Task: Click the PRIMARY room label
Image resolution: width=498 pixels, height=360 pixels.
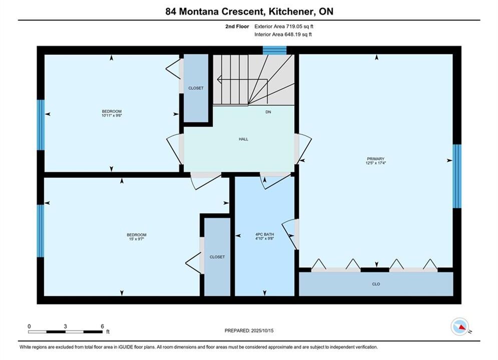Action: click(375, 158)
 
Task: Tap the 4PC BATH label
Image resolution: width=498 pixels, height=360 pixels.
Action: click(265, 234)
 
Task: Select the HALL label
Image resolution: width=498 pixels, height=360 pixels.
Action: click(244, 139)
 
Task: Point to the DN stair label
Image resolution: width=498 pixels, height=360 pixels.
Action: click(268, 112)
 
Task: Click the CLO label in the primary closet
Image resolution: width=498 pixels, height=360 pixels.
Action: click(376, 284)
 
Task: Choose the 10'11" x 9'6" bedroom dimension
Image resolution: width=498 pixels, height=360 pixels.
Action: click(112, 115)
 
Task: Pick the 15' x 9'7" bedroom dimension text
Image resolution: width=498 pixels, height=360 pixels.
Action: click(137, 239)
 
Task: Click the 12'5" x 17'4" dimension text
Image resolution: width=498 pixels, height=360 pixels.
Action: click(376, 162)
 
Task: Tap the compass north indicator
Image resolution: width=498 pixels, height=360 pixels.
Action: click(460, 326)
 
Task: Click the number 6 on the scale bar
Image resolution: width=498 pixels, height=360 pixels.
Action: click(102, 326)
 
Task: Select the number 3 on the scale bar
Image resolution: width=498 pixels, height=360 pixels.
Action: click(66, 326)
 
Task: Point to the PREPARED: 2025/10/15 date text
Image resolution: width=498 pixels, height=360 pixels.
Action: click(249, 330)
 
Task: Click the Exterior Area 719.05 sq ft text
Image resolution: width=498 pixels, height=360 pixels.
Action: click(284, 26)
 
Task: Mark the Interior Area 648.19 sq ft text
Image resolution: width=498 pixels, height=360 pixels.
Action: click(283, 34)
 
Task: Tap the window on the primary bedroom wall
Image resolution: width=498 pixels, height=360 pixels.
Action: click(457, 176)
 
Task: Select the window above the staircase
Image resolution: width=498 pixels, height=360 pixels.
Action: click(275, 50)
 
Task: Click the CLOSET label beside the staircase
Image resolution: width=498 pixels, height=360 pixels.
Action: click(196, 88)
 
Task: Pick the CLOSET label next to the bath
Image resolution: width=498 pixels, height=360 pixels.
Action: click(217, 257)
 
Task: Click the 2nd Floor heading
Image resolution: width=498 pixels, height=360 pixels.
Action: click(237, 26)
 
